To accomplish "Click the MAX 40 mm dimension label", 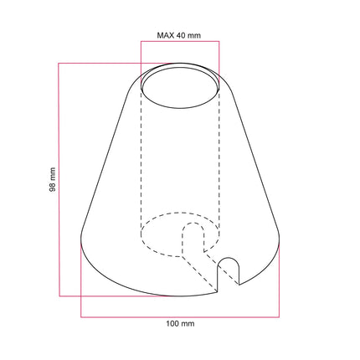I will click(x=179, y=36).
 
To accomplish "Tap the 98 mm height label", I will click(x=52, y=180).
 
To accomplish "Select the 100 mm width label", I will click(x=180, y=323).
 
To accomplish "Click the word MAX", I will click(x=165, y=36).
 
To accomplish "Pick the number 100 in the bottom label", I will click(x=175, y=323).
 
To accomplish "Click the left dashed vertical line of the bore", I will click(x=140, y=159).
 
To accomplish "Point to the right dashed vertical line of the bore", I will click(x=219, y=159).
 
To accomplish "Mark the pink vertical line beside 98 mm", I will click(x=59, y=180).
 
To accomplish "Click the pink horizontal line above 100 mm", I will click(x=180, y=316).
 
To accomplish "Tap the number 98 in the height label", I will click(x=52, y=186).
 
